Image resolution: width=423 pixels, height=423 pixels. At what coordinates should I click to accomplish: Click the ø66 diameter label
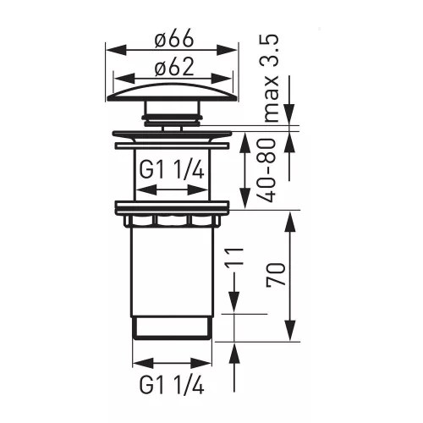(x=174, y=38)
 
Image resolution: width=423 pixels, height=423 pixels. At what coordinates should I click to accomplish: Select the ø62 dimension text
(x=174, y=67)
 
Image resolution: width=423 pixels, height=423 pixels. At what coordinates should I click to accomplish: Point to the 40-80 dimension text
(x=266, y=170)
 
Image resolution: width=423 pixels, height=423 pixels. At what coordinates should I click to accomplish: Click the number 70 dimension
(x=276, y=274)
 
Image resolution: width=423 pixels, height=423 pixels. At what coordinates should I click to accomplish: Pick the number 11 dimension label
(x=233, y=256)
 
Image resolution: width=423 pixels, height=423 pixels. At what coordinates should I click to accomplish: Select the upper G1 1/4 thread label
(x=172, y=170)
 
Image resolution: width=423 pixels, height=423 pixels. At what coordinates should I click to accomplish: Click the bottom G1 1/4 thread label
(x=172, y=386)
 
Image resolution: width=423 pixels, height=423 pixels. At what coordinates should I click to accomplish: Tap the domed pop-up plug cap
(x=173, y=92)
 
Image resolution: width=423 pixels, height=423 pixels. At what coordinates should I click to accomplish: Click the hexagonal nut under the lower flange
(x=172, y=221)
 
